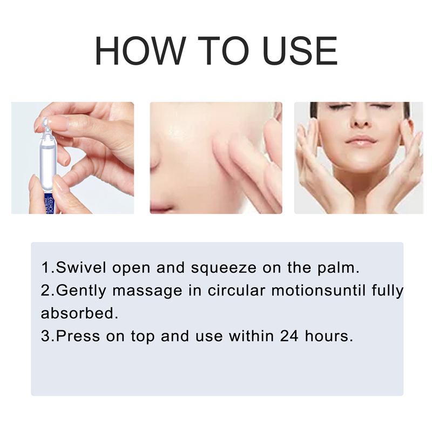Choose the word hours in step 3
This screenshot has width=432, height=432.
332,336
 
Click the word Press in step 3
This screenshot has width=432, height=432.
78,336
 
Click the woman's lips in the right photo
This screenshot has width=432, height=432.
361,141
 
